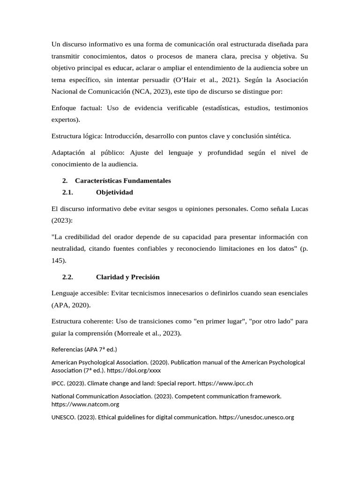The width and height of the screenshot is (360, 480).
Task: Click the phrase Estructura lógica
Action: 76,136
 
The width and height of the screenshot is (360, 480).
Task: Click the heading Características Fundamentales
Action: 123,180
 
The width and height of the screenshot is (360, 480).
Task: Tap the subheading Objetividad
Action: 114,192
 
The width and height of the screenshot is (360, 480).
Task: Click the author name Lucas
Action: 297,209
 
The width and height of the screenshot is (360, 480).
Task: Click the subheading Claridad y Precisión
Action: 128,277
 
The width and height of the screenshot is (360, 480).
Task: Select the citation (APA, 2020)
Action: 71,305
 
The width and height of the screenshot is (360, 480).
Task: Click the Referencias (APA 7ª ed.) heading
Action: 84,349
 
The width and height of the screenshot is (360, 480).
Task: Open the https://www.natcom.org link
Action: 85,404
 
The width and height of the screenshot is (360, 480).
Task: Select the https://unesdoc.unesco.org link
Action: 256,417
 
